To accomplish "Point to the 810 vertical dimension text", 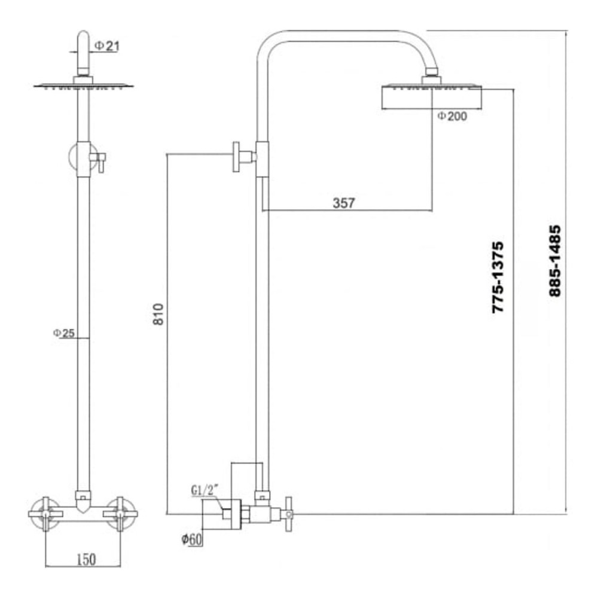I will point(158,314).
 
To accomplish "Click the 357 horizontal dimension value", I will point(343,203).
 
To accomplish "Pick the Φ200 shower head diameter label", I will point(451,116).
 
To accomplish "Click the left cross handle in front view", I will point(46,512).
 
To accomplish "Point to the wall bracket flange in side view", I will point(237,157).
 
